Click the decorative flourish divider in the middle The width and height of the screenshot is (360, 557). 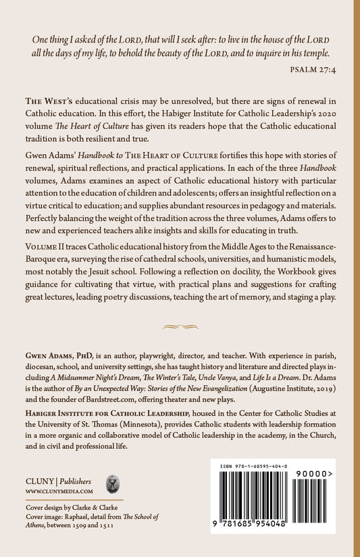click(180, 326)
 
